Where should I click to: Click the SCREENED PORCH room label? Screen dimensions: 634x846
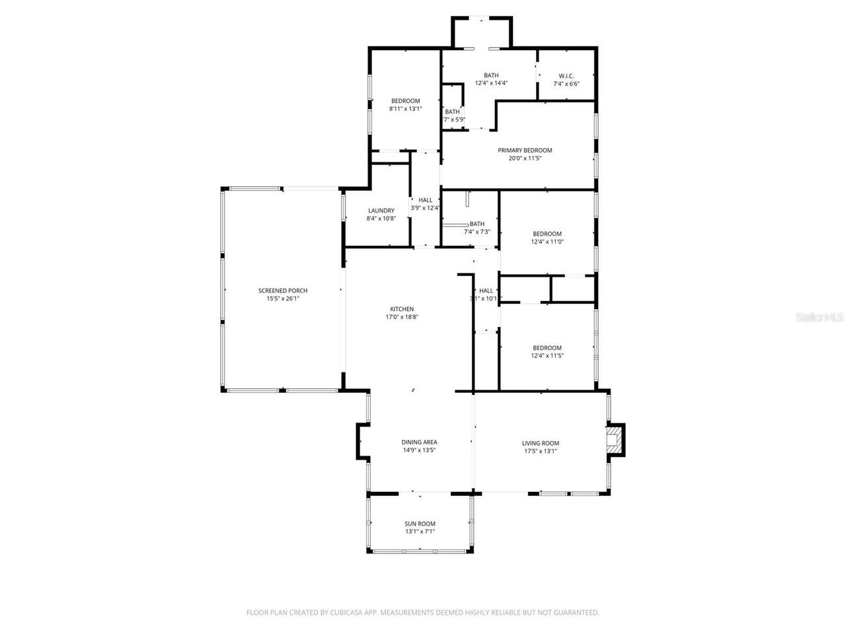coord(282,291)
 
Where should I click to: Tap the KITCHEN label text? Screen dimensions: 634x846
coord(402,309)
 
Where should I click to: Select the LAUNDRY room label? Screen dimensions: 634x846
coord(381,211)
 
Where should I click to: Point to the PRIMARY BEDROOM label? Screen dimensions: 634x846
coord(525,151)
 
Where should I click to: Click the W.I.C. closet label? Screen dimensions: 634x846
coord(566,75)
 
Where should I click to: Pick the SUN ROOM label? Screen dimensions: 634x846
coord(420,524)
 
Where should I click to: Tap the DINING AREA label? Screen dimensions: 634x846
coord(419,442)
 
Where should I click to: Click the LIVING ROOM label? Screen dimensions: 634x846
coord(541,444)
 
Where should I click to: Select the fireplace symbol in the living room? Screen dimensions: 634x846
coord(615,440)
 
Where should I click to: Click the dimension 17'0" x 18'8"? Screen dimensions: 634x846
coord(402,317)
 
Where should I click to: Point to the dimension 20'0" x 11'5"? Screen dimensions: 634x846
coord(525,158)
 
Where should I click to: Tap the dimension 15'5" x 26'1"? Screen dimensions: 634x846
coord(282,299)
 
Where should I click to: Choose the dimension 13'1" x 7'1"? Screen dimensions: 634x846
coord(420,532)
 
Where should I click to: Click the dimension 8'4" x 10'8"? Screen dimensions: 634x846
coord(381,219)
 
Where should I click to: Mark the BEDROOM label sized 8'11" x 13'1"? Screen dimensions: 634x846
coord(405,101)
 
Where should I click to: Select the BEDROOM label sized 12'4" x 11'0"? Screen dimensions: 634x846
coord(547,234)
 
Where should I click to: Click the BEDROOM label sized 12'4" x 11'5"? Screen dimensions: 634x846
coord(547,348)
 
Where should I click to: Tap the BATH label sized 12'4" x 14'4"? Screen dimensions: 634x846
coord(491,75)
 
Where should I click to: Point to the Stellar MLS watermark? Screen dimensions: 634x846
coord(820,318)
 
